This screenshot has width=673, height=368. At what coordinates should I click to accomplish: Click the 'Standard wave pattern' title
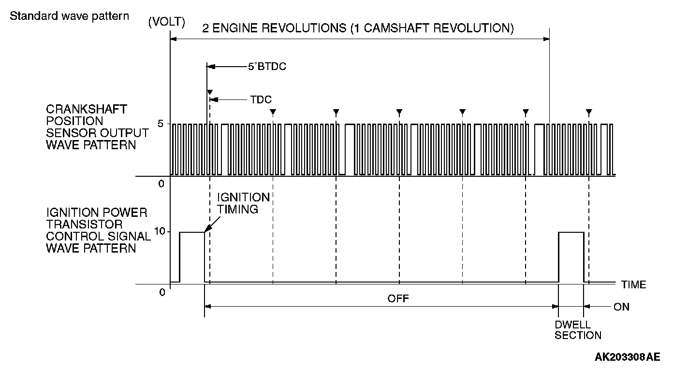click(69, 16)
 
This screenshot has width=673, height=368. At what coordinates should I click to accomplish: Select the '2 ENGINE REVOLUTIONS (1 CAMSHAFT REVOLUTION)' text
click(358, 28)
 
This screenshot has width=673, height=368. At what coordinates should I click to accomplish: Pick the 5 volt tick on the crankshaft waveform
click(161, 124)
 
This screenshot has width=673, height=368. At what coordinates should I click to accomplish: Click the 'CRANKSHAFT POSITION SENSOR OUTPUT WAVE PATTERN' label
click(97, 127)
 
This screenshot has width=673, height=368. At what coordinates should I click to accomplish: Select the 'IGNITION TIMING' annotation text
click(243, 203)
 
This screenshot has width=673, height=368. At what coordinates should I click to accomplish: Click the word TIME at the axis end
click(633, 284)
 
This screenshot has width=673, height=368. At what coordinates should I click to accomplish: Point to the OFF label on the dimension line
click(398, 298)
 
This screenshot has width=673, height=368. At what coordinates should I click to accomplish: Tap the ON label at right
click(621, 307)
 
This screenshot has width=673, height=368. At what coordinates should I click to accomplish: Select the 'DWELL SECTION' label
click(578, 330)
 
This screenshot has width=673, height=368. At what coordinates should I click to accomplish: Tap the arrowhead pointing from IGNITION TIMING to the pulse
click(206, 230)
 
